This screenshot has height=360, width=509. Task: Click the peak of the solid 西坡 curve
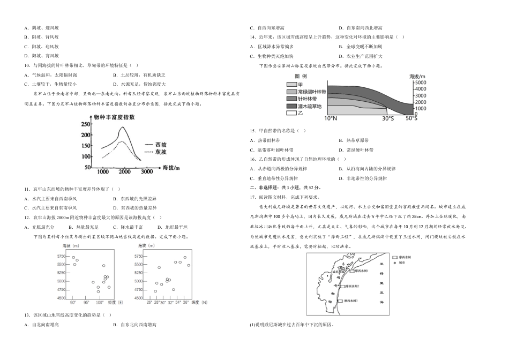point(123,127)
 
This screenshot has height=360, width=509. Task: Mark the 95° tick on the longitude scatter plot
point(86,302)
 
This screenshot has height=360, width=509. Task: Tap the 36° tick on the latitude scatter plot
point(185,302)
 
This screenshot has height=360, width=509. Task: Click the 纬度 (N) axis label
point(198,302)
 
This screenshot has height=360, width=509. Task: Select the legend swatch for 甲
point(291,85)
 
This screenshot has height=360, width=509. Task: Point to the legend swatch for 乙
point(291,114)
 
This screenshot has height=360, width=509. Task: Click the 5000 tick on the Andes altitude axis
point(421,83)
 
